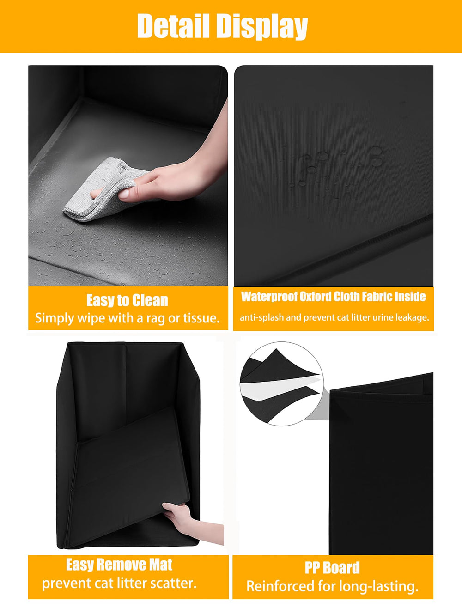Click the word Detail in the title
(x=173, y=26)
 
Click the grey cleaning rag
(x=99, y=192)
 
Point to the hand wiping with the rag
(x=180, y=178)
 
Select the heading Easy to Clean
(x=127, y=300)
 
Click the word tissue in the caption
(x=199, y=318)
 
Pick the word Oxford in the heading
(x=315, y=297)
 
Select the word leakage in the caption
(x=412, y=317)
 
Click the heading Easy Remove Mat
(x=119, y=565)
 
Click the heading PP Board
(x=332, y=567)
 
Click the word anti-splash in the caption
(x=261, y=317)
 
